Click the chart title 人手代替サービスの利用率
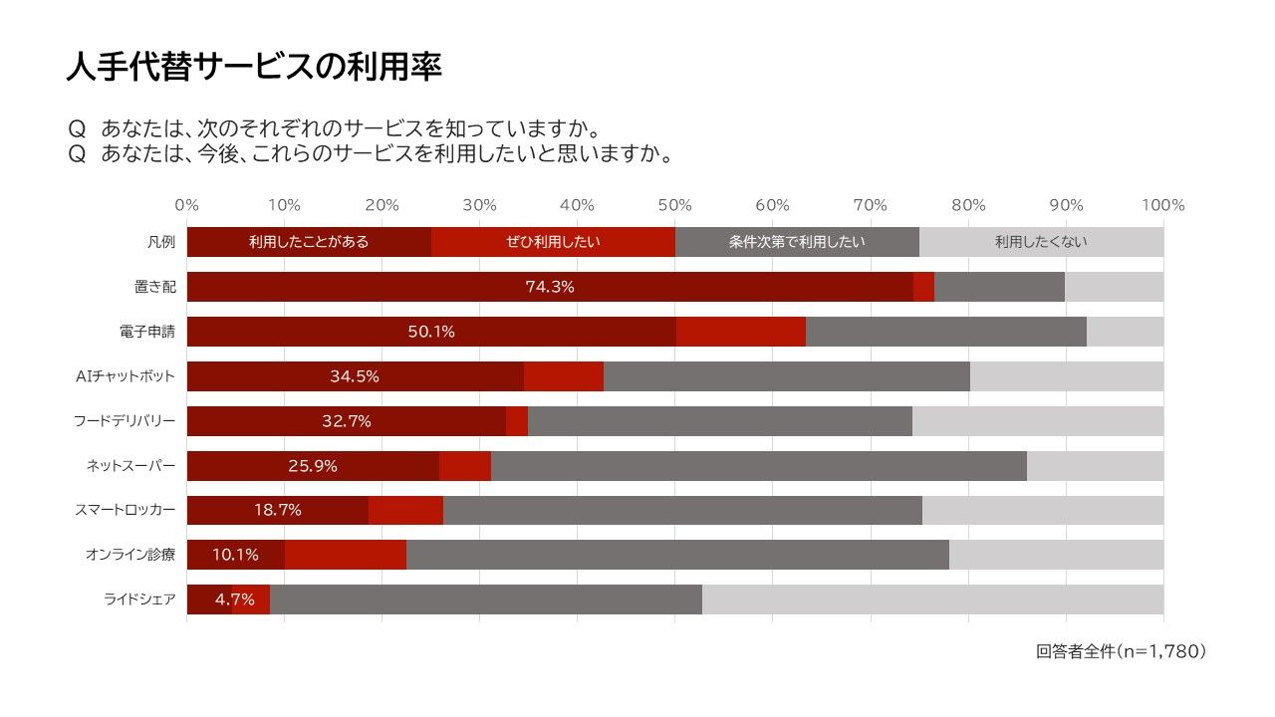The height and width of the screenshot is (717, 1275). (x=254, y=67)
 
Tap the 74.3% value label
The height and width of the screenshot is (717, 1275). (x=550, y=287)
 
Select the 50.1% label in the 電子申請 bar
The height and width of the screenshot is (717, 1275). (x=431, y=332)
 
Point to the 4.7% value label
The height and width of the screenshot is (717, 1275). (x=234, y=599)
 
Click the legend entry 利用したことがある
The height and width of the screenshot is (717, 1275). (x=309, y=242)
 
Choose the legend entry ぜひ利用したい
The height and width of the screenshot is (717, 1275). (x=553, y=242)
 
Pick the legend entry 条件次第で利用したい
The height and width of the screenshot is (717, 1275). (x=797, y=242)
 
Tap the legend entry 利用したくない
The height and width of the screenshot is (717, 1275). (x=1041, y=242)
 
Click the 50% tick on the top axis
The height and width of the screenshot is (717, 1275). (x=675, y=205)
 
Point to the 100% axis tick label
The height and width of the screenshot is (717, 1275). (x=1162, y=205)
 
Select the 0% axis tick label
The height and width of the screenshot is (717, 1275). (x=187, y=205)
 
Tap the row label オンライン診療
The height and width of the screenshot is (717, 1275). (x=130, y=555)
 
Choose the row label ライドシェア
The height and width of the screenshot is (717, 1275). (x=140, y=599)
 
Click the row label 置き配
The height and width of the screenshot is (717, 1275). (x=154, y=287)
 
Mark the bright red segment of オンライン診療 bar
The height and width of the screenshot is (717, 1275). (x=346, y=555)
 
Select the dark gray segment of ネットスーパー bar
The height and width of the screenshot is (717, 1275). (x=758, y=466)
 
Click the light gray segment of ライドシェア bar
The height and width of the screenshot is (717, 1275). (x=932, y=599)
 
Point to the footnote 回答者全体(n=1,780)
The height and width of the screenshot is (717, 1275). (x=1122, y=651)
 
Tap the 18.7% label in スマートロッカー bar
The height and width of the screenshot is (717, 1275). (x=278, y=510)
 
